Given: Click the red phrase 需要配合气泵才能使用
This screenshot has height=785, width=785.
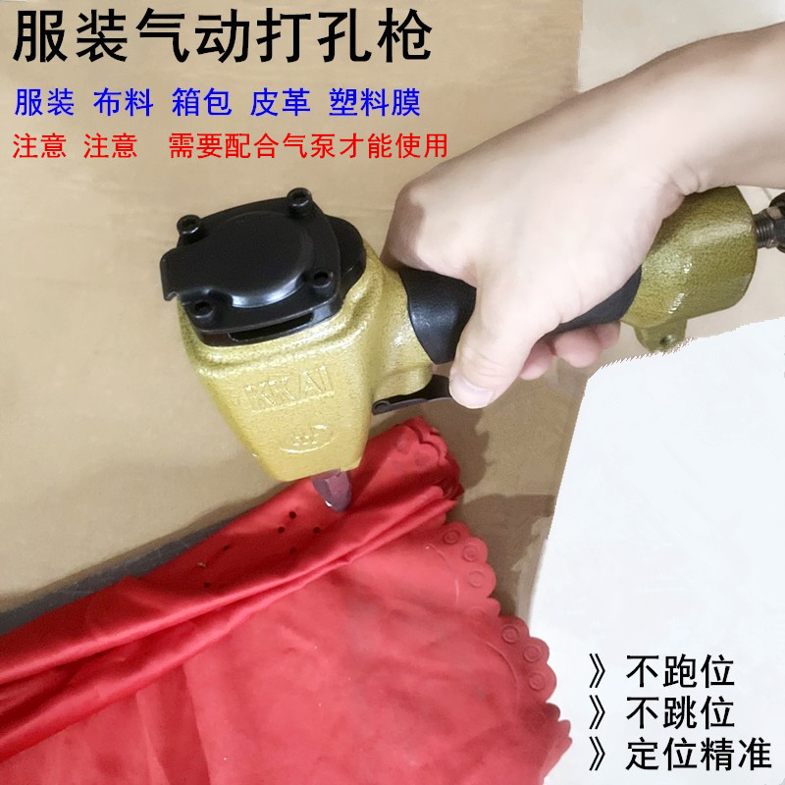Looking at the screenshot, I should pos(308,146).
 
